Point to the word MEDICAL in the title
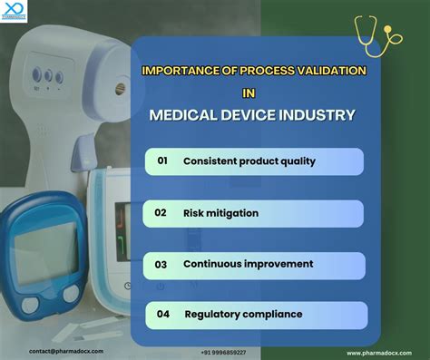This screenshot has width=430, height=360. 186,115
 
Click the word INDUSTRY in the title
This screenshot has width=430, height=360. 317,115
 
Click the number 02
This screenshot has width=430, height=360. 161,212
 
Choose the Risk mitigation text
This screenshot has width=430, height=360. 220,213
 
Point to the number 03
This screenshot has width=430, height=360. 161,265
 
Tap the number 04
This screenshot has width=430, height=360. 162,315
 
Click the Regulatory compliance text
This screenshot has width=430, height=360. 243,315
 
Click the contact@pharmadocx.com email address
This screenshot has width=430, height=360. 66,351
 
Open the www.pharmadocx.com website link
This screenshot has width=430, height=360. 379,352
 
